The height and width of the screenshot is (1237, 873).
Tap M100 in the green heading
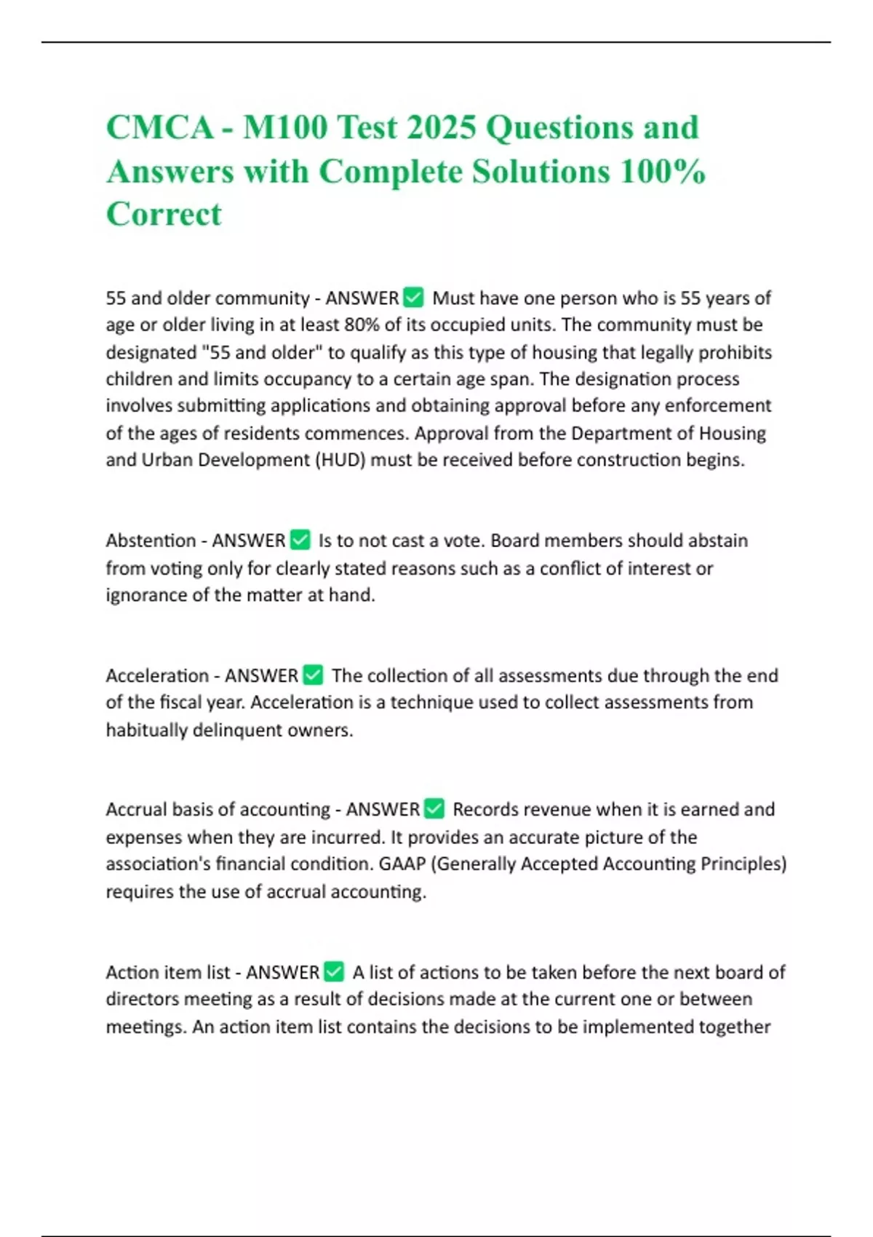click(x=285, y=128)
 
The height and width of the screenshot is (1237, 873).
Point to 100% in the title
click(x=663, y=172)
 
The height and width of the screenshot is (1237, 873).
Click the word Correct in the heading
click(x=164, y=215)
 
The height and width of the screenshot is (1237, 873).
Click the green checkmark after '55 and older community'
click(x=413, y=298)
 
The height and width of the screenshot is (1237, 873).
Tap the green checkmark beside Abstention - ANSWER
click(x=300, y=540)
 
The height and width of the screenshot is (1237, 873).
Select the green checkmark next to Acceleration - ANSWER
click(x=313, y=675)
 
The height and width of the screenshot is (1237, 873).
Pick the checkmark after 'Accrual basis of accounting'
click(x=434, y=809)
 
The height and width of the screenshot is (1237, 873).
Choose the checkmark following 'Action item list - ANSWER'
click(x=334, y=972)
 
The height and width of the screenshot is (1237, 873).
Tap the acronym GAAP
click(x=402, y=864)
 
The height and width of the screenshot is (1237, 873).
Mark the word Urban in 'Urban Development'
click(x=167, y=461)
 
